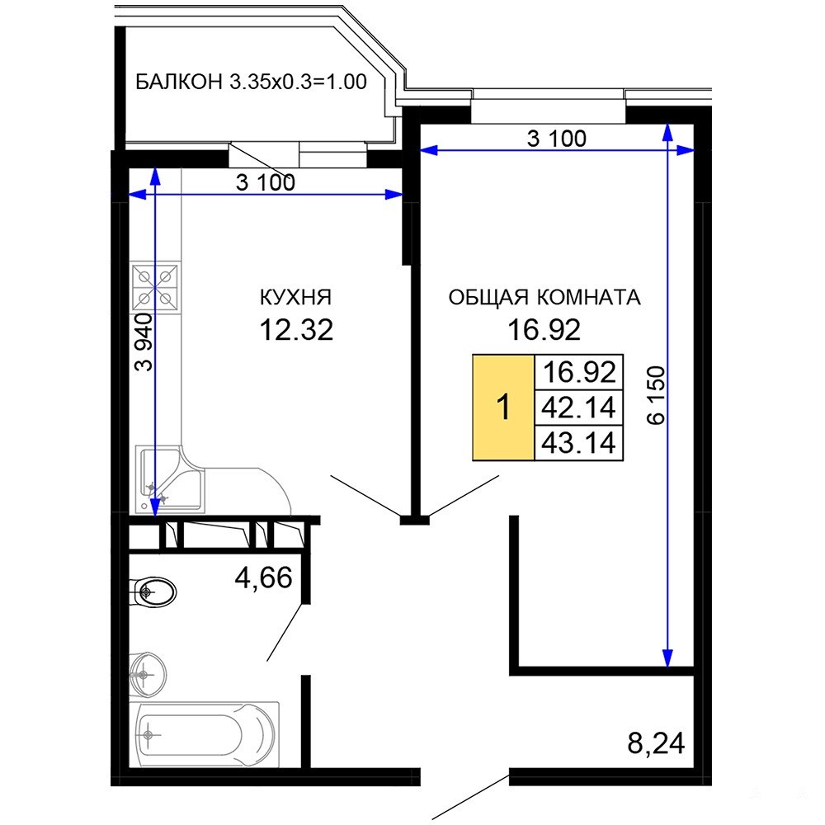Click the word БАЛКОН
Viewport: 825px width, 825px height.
click(179, 82)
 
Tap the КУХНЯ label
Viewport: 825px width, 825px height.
click(295, 298)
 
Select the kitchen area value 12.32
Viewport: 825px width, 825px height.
click(296, 331)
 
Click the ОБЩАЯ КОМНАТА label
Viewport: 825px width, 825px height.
click(544, 298)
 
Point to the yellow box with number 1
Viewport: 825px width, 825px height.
click(503, 408)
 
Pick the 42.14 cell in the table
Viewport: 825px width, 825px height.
click(579, 408)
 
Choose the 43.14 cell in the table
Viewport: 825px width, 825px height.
click(579, 442)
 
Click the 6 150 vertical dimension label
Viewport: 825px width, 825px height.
click(657, 395)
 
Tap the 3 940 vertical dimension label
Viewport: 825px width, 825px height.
click(144, 342)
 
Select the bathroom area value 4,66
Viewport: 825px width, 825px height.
click(264, 577)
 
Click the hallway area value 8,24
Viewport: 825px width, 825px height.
click(656, 743)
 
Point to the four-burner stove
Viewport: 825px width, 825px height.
click(155, 287)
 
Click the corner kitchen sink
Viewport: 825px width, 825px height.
click(169, 478)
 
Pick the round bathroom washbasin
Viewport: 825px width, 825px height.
click(148, 675)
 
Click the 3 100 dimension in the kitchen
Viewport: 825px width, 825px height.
click(265, 182)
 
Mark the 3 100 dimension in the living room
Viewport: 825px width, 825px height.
click(557, 139)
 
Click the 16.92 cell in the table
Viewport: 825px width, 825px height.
click(579, 373)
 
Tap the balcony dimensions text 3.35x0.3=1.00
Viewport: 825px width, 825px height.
click(298, 82)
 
